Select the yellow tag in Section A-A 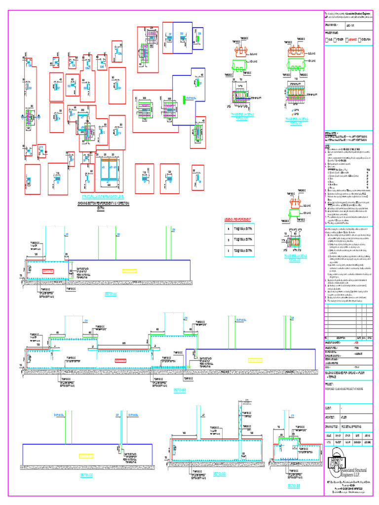[129, 271]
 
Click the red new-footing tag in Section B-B [120, 361]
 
